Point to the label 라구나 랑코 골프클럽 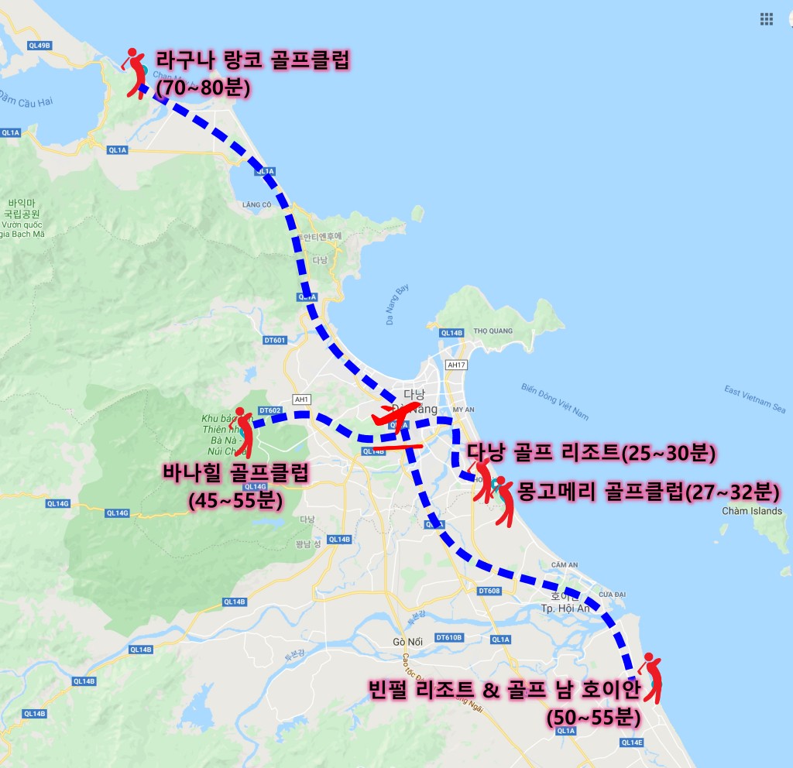coord(253,60)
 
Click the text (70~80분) coord(202,87)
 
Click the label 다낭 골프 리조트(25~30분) coord(590,451)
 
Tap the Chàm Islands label coord(751,511)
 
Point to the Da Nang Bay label coord(396,305)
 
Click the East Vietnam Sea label coord(755,397)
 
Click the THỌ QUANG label coord(493,331)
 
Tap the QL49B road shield coord(38,46)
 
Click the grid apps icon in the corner coord(767,19)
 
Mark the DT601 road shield coord(275,340)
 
